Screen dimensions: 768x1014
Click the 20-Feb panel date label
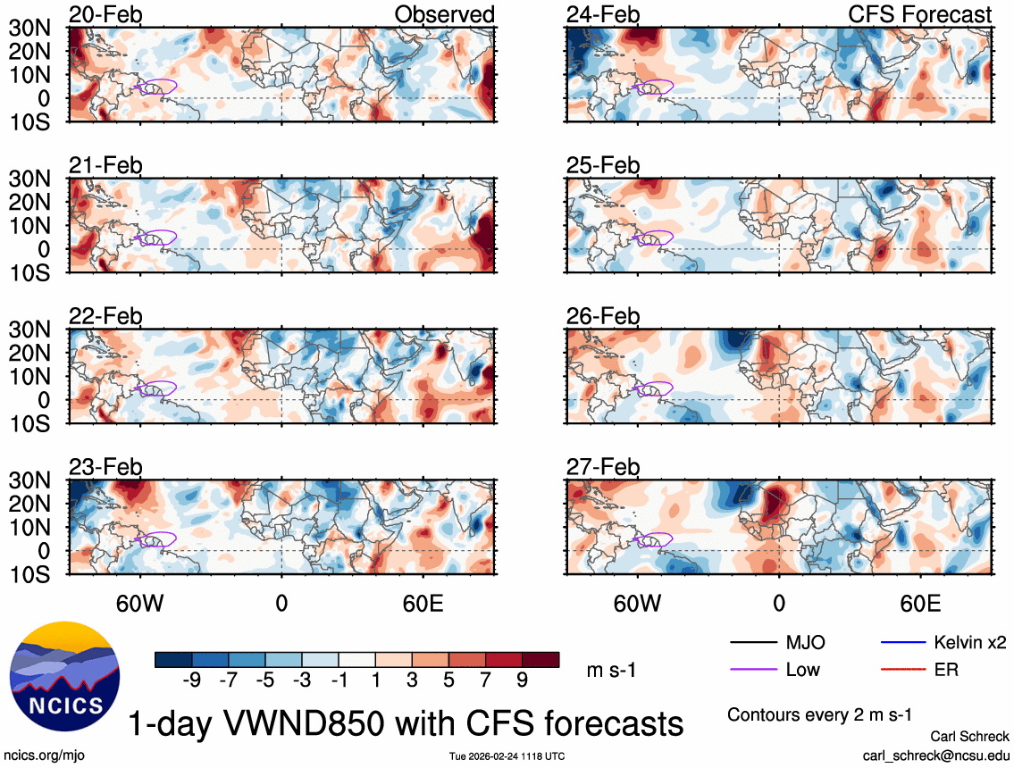click(105, 15)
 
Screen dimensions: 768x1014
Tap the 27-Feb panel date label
click(603, 467)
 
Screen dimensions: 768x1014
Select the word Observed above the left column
click(445, 15)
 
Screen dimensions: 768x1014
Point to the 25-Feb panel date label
click(603, 166)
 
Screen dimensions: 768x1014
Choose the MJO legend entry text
click(805, 642)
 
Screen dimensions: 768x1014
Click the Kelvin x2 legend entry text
click(971, 642)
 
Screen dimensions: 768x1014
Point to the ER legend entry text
click(945, 669)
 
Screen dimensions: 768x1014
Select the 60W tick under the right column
click(637, 602)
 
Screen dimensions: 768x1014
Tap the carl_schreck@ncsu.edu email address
click(936, 755)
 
